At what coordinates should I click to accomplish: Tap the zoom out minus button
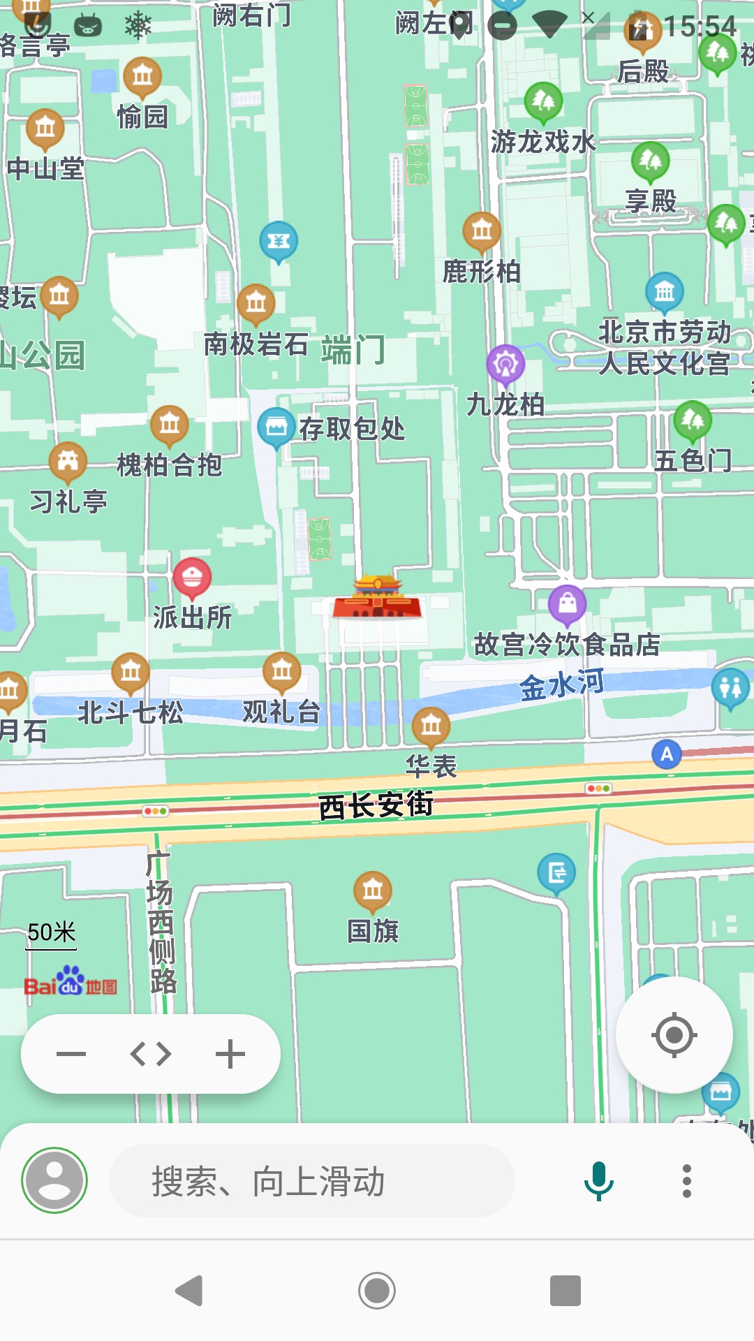point(71,1054)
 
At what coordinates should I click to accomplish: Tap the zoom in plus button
point(230,1054)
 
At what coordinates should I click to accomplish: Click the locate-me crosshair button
point(674,1034)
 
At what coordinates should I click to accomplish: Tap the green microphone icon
point(598,1180)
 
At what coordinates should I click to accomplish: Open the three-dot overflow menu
point(687,1180)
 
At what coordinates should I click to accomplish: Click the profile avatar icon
point(54,1180)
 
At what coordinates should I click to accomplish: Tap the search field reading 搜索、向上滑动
point(311,1180)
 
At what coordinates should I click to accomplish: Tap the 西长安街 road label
point(376,805)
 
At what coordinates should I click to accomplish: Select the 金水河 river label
point(561,684)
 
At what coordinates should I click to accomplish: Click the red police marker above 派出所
point(192,577)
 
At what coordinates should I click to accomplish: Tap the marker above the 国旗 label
point(373,890)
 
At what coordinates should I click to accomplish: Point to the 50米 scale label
point(52,932)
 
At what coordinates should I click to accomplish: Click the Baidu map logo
point(71,982)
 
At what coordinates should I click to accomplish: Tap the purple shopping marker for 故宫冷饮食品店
point(567,603)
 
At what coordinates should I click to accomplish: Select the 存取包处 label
point(352,428)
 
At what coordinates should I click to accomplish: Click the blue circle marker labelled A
point(667,754)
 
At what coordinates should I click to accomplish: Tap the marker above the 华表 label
point(431,726)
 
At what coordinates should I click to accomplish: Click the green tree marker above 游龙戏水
point(543,102)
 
